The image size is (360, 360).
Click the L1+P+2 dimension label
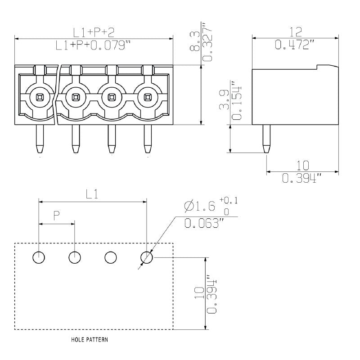pos(94,31)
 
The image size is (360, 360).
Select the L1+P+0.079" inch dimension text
pos(94,45)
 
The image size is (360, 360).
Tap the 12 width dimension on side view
pos(295,31)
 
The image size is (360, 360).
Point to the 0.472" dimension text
pos(295,45)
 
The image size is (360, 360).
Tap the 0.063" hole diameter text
pos(205,223)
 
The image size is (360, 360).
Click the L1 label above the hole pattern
pos(92,194)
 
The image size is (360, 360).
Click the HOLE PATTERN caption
pos(89,340)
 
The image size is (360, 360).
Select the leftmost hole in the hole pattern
pos(39,257)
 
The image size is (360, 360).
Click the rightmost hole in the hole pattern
pos(147,257)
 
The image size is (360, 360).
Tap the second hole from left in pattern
pos(75,257)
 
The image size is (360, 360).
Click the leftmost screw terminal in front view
pos(39,96)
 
